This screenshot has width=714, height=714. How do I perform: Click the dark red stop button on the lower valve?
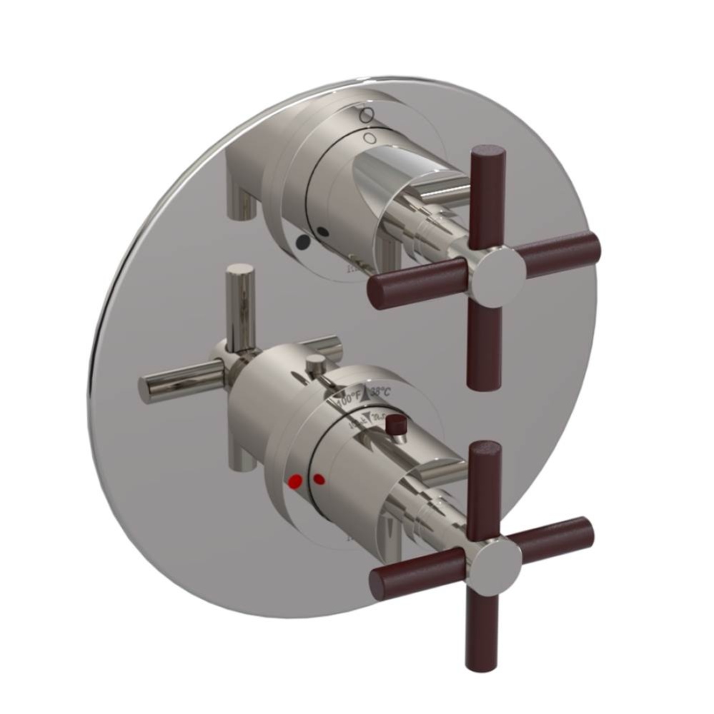click(392, 426)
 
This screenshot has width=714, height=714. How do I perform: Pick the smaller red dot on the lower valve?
click(319, 478)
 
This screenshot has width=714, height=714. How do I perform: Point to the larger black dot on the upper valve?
click(302, 242)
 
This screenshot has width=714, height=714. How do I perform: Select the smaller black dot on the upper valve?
click(324, 231)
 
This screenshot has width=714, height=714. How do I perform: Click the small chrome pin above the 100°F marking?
click(312, 366)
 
